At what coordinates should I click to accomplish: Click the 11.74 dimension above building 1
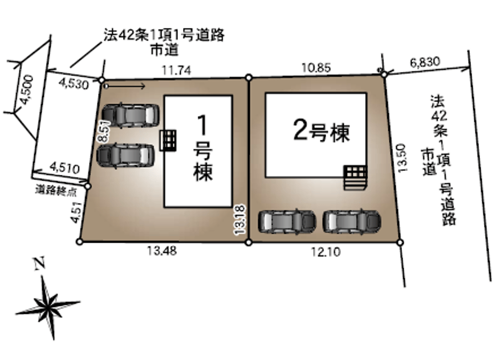tap(176, 70)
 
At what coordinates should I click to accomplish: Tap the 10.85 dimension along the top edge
tap(316, 68)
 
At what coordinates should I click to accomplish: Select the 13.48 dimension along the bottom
tap(162, 251)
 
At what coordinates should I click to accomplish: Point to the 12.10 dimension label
tap(326, 251)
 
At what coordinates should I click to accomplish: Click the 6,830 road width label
tap(425, 62)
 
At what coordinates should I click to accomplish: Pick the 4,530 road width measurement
tap(74, 84)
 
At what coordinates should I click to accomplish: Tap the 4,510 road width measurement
tap(64, 167)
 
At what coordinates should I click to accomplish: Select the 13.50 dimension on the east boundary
tap(402, 158)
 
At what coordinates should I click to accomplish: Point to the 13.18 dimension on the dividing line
tap(240, 220)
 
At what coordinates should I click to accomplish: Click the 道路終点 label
tap(56, 191)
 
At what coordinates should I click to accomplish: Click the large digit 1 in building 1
tap(202, 125)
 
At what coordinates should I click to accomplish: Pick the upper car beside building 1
tap(130, 115)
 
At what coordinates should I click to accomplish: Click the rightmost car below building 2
tap(352, 221)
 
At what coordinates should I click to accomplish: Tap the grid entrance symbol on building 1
tap(168, 140)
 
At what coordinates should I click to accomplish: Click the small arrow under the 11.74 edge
tap(125, 86)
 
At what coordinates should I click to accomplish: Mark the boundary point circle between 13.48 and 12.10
tap(249, 243)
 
